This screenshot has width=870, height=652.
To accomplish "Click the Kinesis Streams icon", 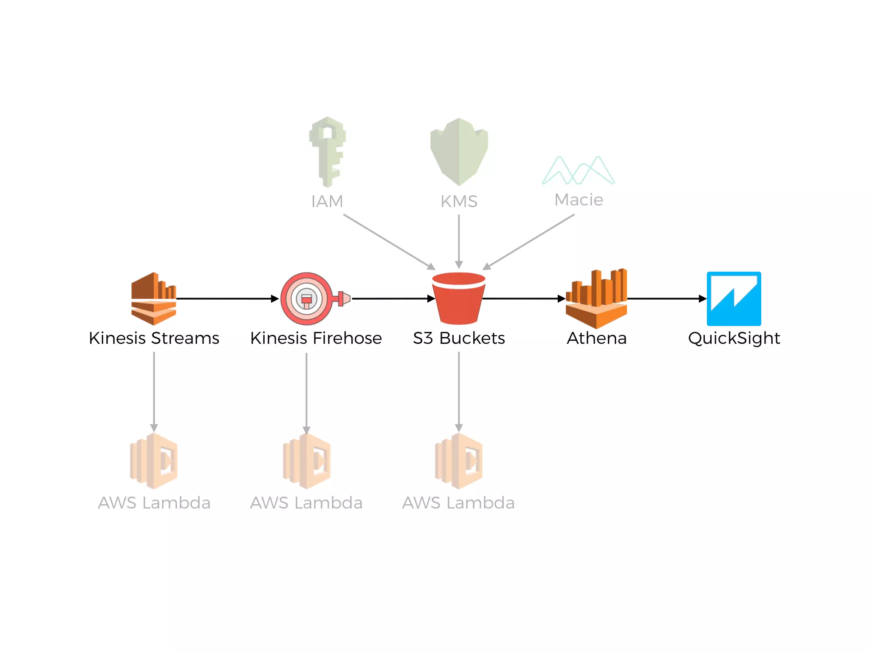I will click(x=153, y=299).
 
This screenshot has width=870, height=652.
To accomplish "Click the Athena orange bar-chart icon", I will click(x=596, y=299).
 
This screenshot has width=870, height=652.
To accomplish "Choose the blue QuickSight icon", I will click(x=734, y=299).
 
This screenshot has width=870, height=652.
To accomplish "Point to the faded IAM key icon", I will click(x=327, y=152).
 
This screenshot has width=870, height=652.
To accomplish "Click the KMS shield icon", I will click(x=459, y=152).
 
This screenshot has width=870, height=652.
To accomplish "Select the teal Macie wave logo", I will click(x=578, y=171).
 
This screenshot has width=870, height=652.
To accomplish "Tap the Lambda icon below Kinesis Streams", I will click(x=153, y=461).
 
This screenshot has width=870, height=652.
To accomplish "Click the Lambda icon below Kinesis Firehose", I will click(x=306, y=461).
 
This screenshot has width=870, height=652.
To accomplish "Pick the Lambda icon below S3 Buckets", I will click(x=458, y=461).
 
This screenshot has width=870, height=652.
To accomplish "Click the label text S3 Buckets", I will click(x=459, y=338).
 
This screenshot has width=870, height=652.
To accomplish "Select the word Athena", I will click(x=596, y=338).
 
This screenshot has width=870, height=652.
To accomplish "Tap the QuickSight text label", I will click(x=734, y=338).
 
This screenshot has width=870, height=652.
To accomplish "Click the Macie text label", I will click(x=579, y=200).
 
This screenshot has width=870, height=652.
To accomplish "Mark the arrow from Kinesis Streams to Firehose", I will click(x=227, y=299).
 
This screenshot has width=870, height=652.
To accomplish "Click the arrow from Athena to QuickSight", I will click(x=666, y=299).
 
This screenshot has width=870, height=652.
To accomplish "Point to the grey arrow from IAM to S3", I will click(x=389, y=242).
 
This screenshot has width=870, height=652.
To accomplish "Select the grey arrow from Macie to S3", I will click(x=529, y=242).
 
